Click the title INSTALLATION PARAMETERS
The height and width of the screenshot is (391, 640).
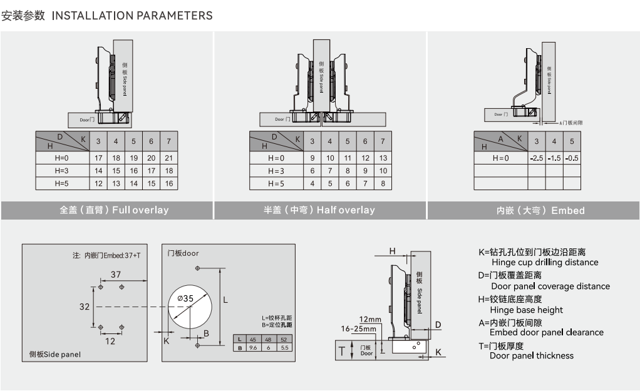click(x=132, y=16)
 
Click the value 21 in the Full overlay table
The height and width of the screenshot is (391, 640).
click(x=168, y=157)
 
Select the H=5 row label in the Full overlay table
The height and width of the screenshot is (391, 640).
click(x=61, y=183)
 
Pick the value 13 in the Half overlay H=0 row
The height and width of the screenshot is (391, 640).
click(x=383, y=158)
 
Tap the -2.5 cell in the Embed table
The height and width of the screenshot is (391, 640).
click(x=536, y=158)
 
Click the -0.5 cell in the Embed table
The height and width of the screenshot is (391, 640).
click(x=571, y=158)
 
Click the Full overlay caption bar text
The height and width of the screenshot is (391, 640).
click(x=114, y=210)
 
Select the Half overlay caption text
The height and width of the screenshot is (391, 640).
click(x=319, y=210)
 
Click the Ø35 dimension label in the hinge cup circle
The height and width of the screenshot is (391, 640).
click(x=185, y=298)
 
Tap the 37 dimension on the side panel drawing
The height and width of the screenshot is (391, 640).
click(x=116, y=275)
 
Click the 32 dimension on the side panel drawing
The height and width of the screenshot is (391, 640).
click(x=85, y=307)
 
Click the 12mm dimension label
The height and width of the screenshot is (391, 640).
click(x=370, y=320)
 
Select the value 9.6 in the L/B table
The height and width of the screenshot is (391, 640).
click(x=254, y=347)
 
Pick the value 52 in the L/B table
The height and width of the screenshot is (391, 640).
click(x=284, y=340)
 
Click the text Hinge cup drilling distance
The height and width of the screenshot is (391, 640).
click(x=545, y=263)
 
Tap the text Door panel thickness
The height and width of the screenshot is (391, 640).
click(x=531, y=356)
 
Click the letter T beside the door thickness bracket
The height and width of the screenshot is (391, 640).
click(x=342, y=350)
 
